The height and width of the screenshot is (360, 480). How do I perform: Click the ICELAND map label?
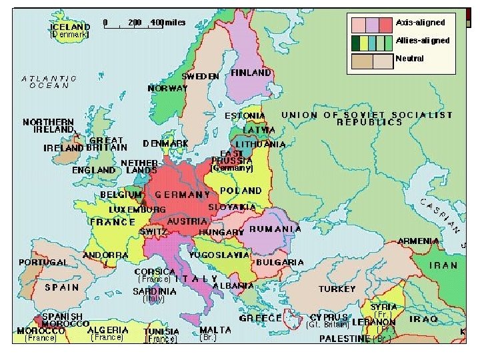(x=70, y=27)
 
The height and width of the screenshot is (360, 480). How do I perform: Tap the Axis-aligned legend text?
(x=420, y=23)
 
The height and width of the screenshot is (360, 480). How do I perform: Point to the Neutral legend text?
(x=409, y=58)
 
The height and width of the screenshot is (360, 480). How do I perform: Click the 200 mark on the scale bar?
(x=134, y=22)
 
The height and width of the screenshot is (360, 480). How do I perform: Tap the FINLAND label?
(x=251, y=72)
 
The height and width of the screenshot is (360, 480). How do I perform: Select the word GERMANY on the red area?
(x=183, y=195)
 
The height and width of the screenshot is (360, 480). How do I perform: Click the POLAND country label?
(x=241, y=190)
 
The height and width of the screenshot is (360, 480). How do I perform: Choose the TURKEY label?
(x=337, y=289)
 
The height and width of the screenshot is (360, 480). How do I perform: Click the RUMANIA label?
(x=275, y=229)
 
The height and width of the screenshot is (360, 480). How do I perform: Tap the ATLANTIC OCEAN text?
(x=49, y=82)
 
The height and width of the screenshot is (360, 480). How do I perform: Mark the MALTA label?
(x=215, y=329)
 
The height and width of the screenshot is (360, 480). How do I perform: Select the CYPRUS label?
(x=329, y=317)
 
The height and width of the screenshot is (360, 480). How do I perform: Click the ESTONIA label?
(x=245, y=115)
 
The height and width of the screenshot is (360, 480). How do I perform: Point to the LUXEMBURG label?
(x=137, y=209)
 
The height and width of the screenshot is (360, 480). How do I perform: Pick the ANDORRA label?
(x=105, y=255)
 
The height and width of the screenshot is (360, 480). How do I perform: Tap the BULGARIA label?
(x=280, y=263)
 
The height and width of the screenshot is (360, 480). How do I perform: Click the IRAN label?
(x=443, y=265)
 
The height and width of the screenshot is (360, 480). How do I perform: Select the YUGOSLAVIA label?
(x=219, y=255)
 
